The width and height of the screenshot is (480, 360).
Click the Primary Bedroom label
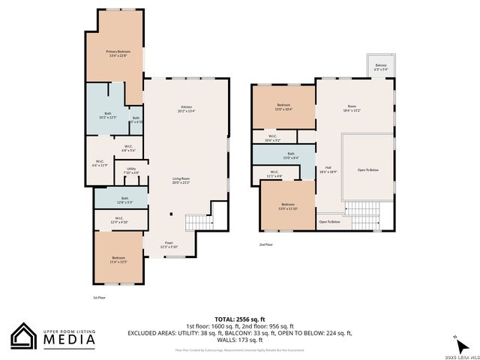(x=117, y=52)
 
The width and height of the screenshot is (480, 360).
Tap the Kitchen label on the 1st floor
(x=187, y=109)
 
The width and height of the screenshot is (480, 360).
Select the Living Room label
(x=181, y=180)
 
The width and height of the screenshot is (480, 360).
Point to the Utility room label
(x=130, y=171)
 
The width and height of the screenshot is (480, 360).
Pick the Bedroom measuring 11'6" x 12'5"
(x=118, y=259)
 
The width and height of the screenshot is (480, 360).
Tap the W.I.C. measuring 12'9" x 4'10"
(x=119, y=220)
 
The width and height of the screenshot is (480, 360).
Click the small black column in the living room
(x=171, y=215)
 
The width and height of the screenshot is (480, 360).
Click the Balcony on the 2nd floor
(x=381, y=67)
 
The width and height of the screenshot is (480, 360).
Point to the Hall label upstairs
(x=328, y=169)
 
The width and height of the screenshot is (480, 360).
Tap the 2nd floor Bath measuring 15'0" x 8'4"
(x=291, y=155)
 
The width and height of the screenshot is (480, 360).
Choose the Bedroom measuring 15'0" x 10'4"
(x=283, y=106)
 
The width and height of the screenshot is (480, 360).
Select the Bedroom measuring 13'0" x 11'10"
(x=288, y=206)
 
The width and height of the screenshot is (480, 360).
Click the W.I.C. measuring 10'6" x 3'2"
(x=272, y=138)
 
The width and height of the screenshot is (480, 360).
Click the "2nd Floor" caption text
(x=265, y=244)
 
